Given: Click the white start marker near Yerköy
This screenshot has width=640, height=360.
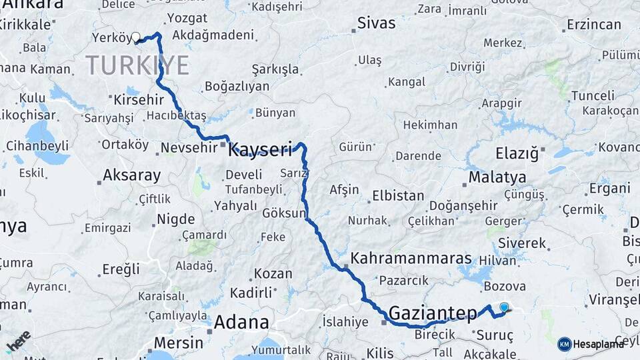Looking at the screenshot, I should click(136, 37).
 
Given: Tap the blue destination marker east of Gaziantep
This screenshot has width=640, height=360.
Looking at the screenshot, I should click(504, 307).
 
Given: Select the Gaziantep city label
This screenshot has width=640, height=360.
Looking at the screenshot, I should click(433, 313).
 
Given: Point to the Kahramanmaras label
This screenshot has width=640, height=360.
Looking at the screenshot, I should click(411, 259).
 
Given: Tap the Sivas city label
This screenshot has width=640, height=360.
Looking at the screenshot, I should click(377, 23).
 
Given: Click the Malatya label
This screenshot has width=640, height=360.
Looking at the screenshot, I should click(497, 177).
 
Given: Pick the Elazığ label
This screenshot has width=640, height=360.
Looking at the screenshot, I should click(517, 154).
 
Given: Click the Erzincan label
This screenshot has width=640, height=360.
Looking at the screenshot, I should click(593, 25).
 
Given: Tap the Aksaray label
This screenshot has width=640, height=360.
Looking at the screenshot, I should click(131, 176).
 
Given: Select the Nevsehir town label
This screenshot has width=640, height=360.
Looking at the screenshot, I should click(191, 148).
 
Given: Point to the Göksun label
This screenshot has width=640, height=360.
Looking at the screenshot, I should click(284, 215).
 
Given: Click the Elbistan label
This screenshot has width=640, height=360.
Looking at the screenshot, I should click(397, 196).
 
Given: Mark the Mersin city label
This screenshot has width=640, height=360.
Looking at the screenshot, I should click(178, 343).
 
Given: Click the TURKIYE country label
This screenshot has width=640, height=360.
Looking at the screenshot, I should click(137, 66).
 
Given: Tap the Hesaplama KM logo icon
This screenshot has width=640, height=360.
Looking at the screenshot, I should click(565, 344).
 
